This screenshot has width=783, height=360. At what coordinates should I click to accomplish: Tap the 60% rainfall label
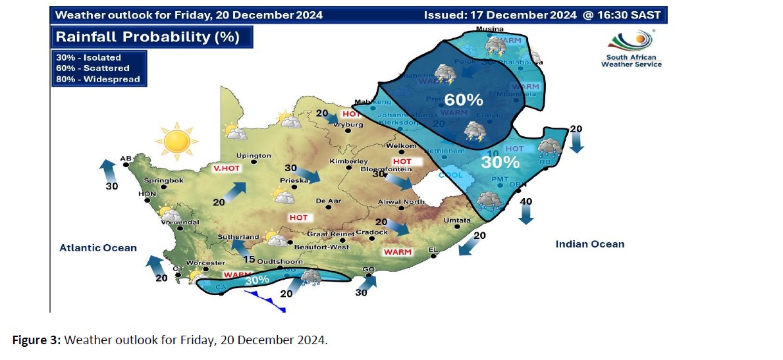(464, 100)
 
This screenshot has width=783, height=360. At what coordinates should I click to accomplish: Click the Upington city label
(254, 156)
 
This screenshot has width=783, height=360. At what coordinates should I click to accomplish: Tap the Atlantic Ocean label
(98, 247)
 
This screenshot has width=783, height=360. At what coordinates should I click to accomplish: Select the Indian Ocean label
(589, 244)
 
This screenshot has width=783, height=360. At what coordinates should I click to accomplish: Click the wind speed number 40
(526, 201)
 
